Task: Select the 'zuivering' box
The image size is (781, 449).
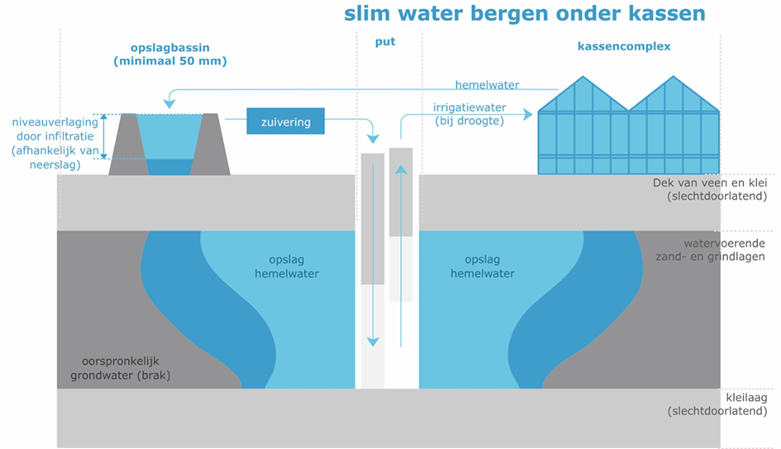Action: pyautogui.click(x=286, y=122)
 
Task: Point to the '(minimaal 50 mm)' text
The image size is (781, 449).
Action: pyautogui.click(x=170, y=61)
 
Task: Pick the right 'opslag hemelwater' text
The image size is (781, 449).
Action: pyautogui.click(x=483, y=267)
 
